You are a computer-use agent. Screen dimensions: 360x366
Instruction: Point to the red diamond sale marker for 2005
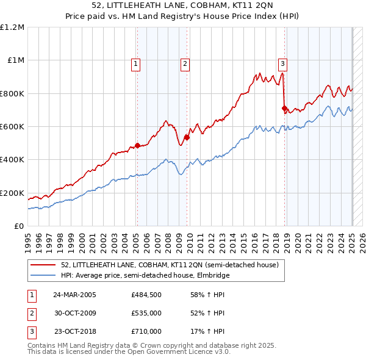pyautogui.click(x=137, y=145)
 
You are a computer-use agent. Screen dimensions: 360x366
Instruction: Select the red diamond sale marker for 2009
pyautogui.click(x=187, y=137)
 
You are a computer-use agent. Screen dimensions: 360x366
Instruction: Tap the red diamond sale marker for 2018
pyautogui.click(x=284, y=109)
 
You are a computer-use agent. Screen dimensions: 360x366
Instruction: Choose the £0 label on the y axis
pyautogui.click(x=19, y=226)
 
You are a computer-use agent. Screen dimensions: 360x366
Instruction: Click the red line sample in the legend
pyautogui.click(x=43, y=265)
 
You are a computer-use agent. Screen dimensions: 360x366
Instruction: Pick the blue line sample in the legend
pyautogui.click(x=43, y=275)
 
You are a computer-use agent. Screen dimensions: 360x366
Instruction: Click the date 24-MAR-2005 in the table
pyautogui.click(x=75, y=295)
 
